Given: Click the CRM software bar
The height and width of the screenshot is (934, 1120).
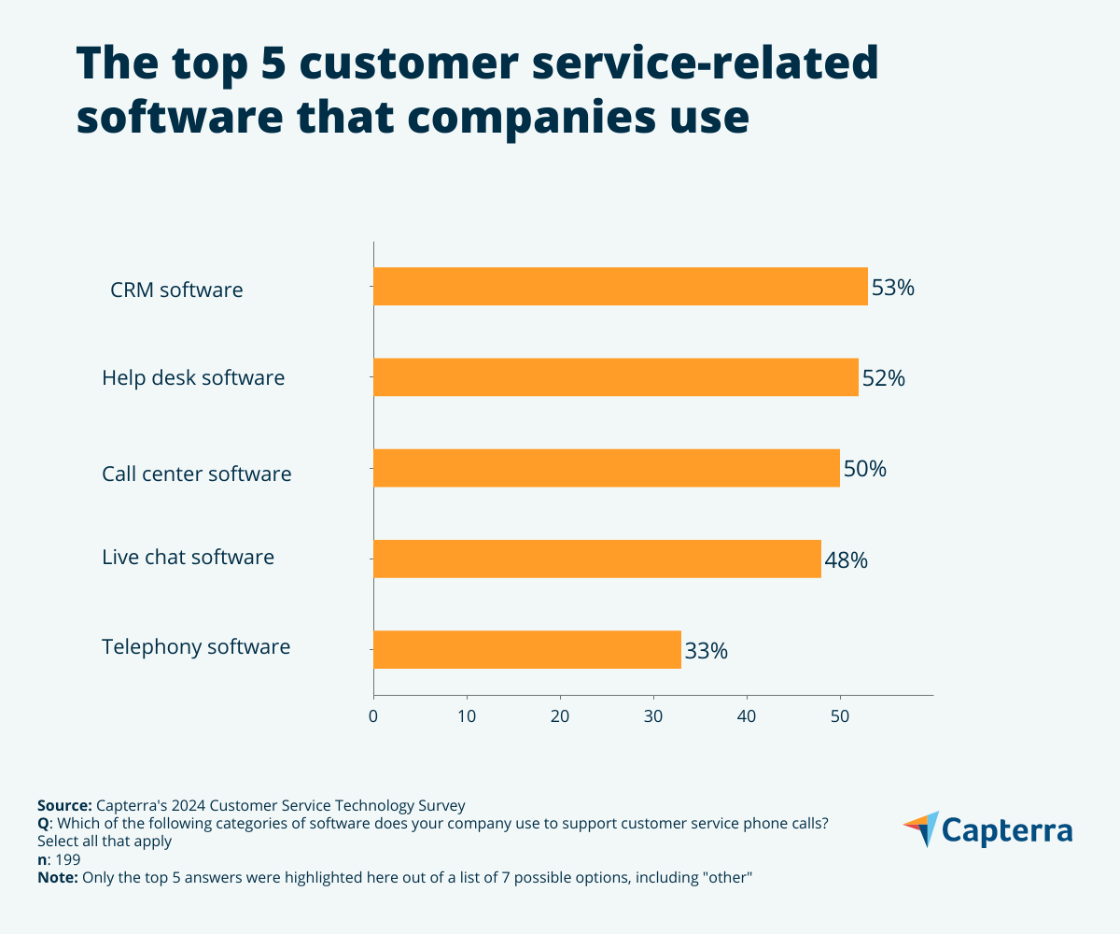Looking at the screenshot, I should [620, 287].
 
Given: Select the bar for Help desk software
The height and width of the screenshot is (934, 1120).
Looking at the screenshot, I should [615, 377].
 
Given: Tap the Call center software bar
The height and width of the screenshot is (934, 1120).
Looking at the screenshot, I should [606, 468].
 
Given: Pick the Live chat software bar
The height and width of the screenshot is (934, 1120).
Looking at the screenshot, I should [596, 559].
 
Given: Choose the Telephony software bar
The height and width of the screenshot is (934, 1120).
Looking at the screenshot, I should [526, 649].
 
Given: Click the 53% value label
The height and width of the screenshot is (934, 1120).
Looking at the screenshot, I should [892, 288].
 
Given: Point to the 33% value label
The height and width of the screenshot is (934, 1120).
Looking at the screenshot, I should [706, 651].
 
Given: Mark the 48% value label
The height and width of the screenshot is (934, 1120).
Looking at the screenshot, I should [846, 560].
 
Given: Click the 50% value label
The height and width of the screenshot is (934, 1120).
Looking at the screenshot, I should [864, 469].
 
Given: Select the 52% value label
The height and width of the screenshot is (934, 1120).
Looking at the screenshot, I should [883, 378].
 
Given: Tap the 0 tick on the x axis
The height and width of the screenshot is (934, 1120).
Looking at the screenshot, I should [373, 716].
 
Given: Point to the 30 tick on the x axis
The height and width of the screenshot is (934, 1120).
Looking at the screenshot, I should [653, 716].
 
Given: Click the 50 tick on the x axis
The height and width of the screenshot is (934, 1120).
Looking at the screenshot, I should [840, 716].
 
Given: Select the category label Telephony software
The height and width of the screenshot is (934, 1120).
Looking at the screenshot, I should [196, 646].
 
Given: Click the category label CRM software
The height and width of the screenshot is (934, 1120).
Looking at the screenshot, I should [176, 290].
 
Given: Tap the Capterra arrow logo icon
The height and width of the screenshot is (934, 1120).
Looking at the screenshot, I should [920, 828].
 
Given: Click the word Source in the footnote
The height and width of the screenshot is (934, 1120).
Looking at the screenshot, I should [63, 805].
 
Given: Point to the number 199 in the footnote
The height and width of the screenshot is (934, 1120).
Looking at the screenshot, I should [68, 860].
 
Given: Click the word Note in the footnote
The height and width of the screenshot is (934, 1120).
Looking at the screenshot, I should [58, 879].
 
